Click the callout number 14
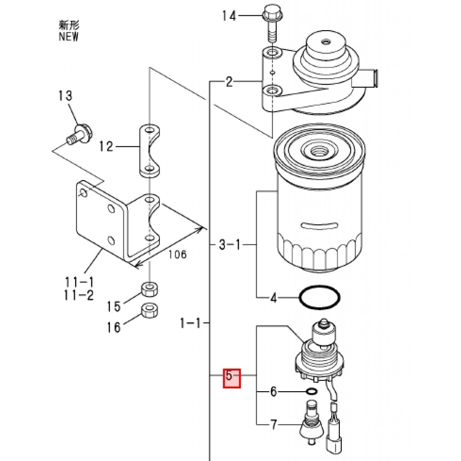pyautogui.click(x=229, y=17)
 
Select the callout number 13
pyautogui.click(x=65, y=95)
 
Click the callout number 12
pyautogui.click(x=107, y=146)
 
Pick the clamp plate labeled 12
pyautogui.click(x=149, y=151)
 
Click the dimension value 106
pyautogui.click(x=177, y=255)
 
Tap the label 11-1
pyautogui.click(x=79, y=282)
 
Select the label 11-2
pyautogui.click(x=79, y=295)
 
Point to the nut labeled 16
pyautogui.click(x=149, y=310)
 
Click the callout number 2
pyautogui.click(x=229, y=82)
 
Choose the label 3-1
pyautogui.click(x=230, y=245)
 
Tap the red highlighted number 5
pyautogui.click(x=232, y=377)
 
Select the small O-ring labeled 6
pyautogui.click(x=311, y=391)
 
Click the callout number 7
pyautogui.click(x=273, y=425)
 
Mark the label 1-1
pyautogui.click(x=190, y=323)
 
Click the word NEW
pyautogui.click(x=68, y=37)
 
